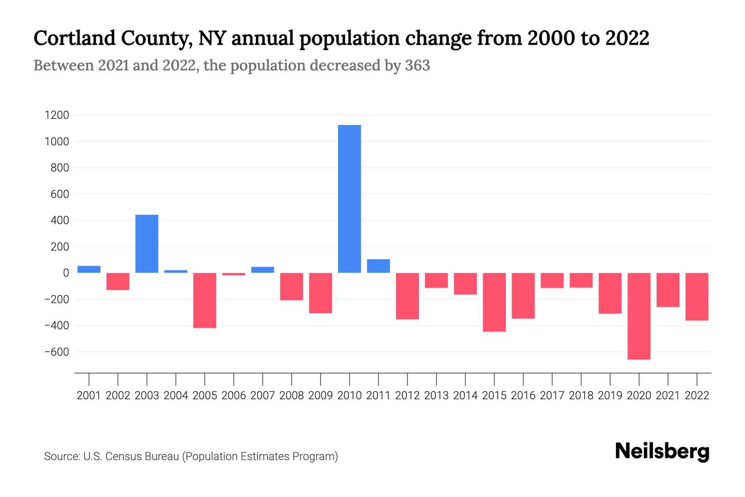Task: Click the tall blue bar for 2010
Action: point(349,199)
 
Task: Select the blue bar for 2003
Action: point(147,244)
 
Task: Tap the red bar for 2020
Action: point(639,316)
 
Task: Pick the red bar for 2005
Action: point(205,300)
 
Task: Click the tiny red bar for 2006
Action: point(234,274)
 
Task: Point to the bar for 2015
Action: point(494,302)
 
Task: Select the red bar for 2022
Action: point(697,297)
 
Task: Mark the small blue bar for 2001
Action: point(89,269)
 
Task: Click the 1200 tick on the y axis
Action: point(57,115)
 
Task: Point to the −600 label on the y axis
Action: point(57,352)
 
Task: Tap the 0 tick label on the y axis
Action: point(66,273)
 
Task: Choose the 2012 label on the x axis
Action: point(407,396)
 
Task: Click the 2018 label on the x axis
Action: point(581,396)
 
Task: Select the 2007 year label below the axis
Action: point(263,396)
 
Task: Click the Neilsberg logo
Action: point(662,451)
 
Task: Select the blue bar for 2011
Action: point(378,266)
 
